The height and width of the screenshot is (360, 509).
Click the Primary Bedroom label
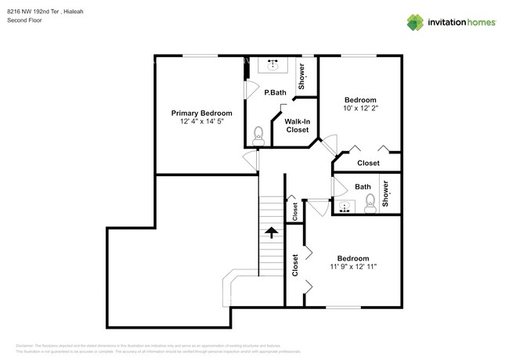[x=202, y=113]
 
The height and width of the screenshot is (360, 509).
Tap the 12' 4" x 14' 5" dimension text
[x=202, y=122]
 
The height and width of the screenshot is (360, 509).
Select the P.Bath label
[x=274, y=92]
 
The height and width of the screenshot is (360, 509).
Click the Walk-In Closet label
[x=297, y=125]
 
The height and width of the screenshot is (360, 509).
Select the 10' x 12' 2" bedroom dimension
[x=361, y=110]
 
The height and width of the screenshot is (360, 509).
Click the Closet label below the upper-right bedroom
[x=368, y=163]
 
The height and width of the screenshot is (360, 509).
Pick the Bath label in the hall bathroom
[x=363, y=186]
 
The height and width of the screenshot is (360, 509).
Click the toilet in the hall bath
[x=370, y=205]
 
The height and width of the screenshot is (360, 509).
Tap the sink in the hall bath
[x=345, y=207]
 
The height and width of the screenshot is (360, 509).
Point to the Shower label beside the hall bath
[x=385, y=193]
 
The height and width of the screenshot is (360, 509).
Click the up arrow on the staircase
[x=271, y=232]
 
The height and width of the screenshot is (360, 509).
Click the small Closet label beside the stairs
[x=295, y=210]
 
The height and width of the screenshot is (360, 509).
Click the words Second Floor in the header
[x=25, y=21]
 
